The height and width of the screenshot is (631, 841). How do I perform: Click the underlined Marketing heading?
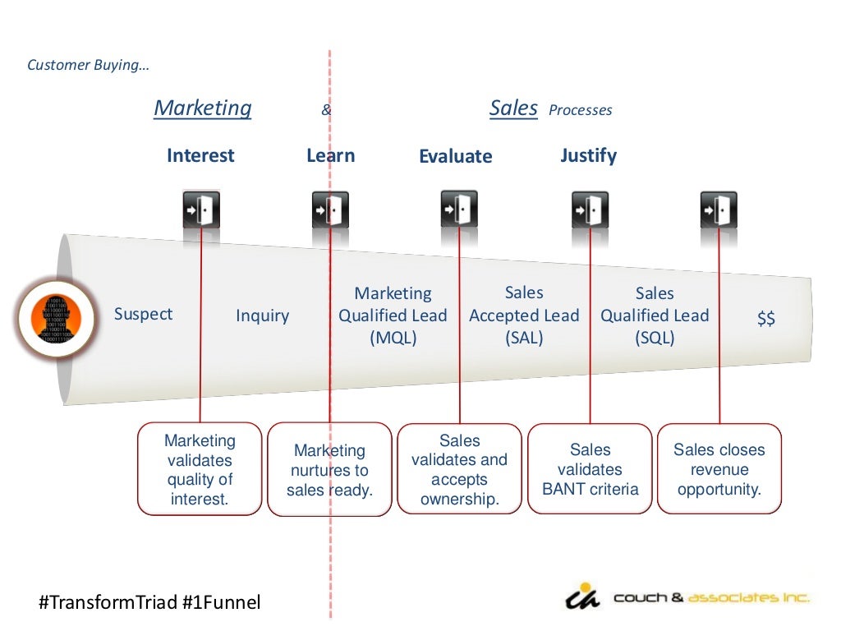pos(203,108)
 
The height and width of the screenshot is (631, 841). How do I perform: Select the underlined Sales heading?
pos(513,108)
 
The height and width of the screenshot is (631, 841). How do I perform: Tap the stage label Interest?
pos(200,155)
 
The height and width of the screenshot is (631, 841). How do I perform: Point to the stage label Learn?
pos(331,155)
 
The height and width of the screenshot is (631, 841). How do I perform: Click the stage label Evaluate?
pos(456,156)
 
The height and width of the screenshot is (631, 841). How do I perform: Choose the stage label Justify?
pos(588,155)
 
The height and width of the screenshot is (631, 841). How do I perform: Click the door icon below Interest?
pos(201,210)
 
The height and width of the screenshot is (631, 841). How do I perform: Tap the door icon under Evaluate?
pos(459,209)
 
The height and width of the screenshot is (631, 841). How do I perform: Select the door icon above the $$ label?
pos(719,210)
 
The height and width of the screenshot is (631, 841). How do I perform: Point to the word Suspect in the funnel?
pos(144,314)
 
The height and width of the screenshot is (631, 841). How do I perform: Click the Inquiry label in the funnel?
pos(263,315)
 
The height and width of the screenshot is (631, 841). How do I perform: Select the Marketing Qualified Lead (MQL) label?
pos(393,315)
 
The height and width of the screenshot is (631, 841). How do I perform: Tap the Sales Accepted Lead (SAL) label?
pos(524,315)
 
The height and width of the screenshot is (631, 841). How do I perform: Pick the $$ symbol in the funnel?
pos(766,319)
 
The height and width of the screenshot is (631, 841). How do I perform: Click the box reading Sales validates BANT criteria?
pos(591,469)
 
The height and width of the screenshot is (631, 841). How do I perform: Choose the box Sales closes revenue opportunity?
pos(719,469)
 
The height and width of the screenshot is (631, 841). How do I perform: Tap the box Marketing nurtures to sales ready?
pos(329,470)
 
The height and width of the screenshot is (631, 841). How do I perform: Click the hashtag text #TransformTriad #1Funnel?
pos(149,602)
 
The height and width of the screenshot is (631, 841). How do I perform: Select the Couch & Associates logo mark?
pos(584,597)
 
